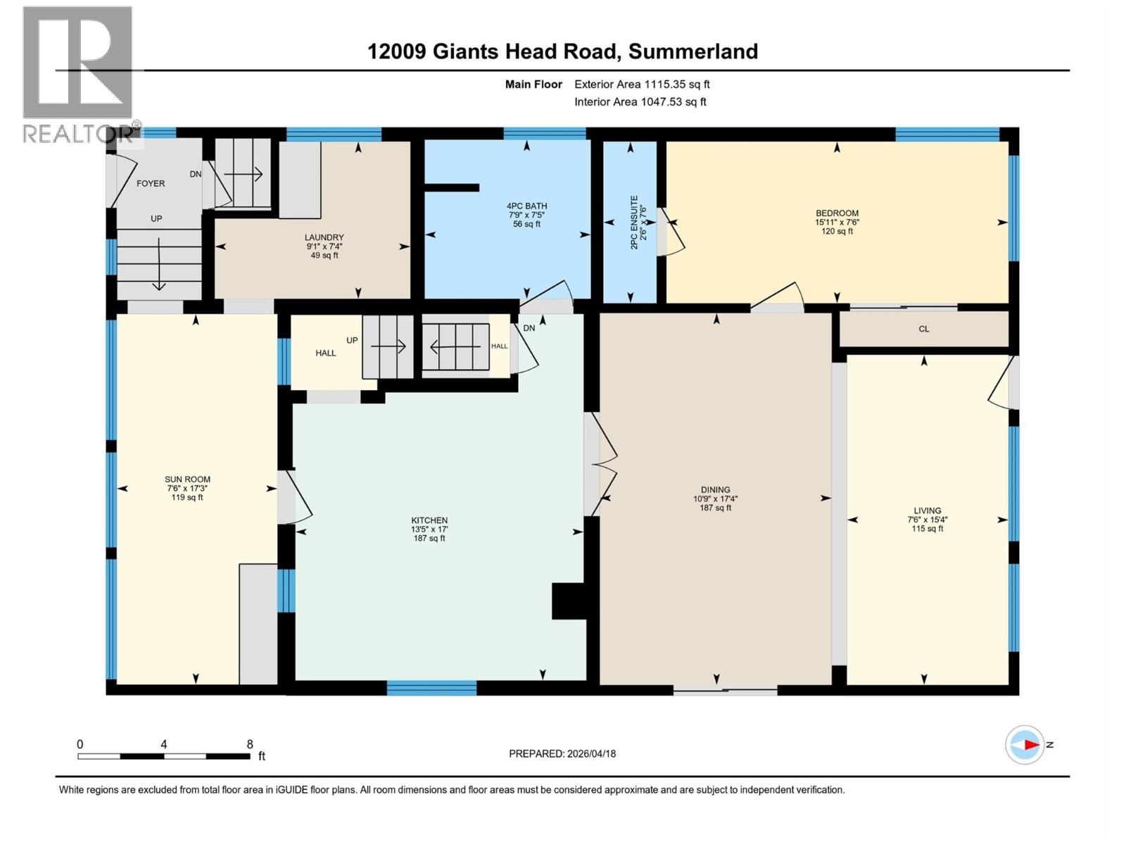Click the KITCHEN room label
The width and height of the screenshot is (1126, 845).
429,520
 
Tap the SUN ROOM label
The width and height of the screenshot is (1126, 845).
187,480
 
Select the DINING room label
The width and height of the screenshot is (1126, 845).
715,489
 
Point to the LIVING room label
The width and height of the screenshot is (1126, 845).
927,511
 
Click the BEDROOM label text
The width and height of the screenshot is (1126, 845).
837,213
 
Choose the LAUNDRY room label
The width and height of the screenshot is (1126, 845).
324,237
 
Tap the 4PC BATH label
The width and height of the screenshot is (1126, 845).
527,206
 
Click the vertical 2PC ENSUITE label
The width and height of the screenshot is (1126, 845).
633,222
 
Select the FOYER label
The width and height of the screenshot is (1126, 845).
151,183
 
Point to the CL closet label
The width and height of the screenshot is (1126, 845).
923,329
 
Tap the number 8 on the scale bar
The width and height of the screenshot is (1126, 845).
250,744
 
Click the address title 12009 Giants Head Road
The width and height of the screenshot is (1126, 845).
562,51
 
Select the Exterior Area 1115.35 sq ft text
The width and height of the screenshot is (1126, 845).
642,84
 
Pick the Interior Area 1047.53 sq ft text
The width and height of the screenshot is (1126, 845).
640,102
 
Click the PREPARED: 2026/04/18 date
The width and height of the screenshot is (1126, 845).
562,753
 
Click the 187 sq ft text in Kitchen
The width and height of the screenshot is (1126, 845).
429,539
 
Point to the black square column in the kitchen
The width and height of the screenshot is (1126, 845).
569,601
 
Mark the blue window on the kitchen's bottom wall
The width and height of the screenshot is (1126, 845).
431,688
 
